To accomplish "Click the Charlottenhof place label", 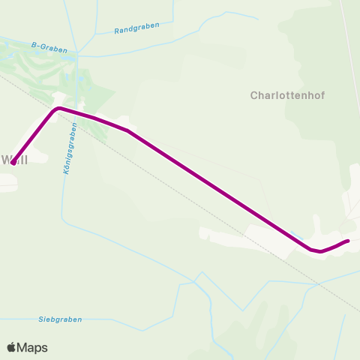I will point(288,96).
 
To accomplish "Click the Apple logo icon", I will point(11,347).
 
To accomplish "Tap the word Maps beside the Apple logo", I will point(33,347).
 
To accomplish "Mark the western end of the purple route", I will point(13,162).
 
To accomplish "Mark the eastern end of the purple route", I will point(348,241).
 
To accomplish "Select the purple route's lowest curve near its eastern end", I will point(319,251).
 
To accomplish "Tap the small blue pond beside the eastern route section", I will point(299,236).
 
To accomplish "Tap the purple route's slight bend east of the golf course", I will point(127,130).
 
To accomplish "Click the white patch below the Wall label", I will point(7,181).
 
